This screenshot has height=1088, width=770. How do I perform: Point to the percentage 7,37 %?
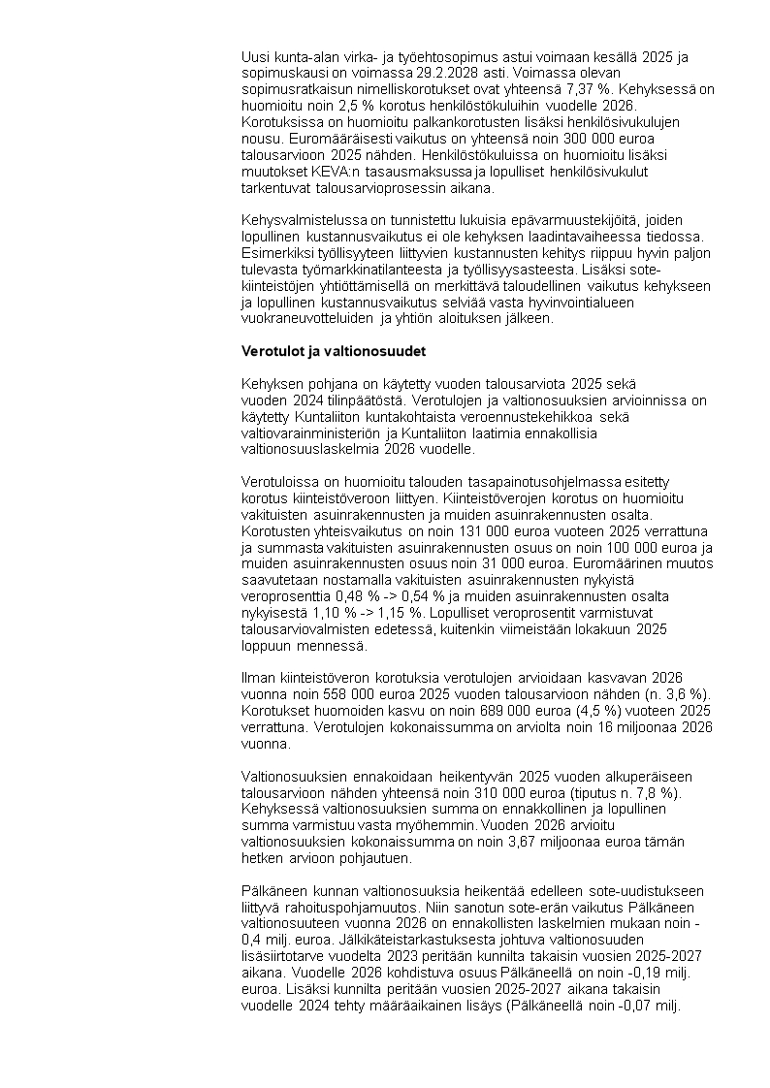tap(598, 88)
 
